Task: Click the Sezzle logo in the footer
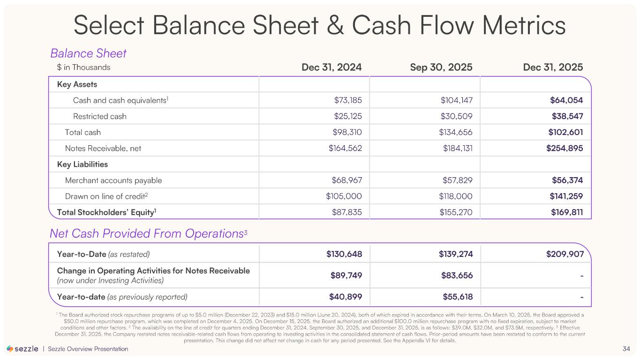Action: pos(23,349)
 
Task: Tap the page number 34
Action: pos(626,349)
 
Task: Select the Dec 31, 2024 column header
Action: pos(331,67)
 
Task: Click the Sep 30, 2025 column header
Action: pos(441,67)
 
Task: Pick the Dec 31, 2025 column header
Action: pos(553,67)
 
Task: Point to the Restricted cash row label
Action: pos(100,116)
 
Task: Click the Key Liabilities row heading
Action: pos(83,165)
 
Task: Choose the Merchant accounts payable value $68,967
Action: pos(345,180)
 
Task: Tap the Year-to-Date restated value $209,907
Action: pos(564,254)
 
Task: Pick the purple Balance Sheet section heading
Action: pos(88,53)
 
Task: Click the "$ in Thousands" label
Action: pos(80,67)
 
